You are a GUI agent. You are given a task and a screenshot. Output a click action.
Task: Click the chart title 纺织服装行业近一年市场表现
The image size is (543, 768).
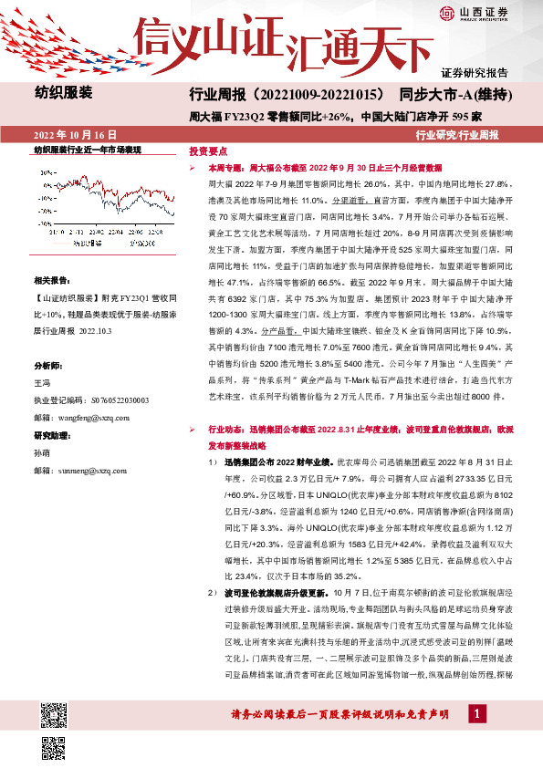[88, 150]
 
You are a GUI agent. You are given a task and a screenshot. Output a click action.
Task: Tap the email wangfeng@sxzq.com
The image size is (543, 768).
[90, 416]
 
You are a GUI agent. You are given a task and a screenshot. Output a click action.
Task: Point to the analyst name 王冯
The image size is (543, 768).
[43, 385]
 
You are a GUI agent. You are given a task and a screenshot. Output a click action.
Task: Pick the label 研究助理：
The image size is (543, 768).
[52, 435]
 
